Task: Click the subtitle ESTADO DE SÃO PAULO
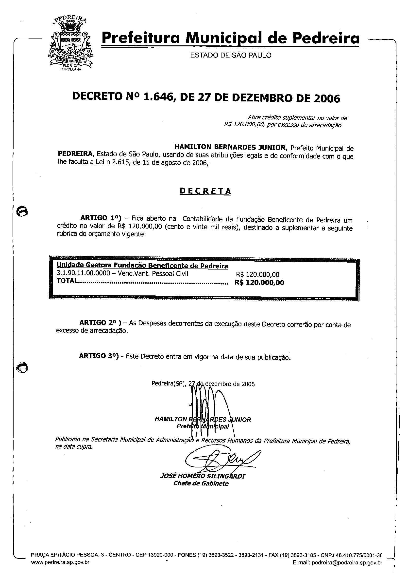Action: pos(231,55)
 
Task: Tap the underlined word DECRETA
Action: pos(205,191)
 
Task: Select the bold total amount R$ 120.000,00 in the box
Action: pos(259,282)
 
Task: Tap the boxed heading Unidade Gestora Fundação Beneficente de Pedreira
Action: pos(142,266)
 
